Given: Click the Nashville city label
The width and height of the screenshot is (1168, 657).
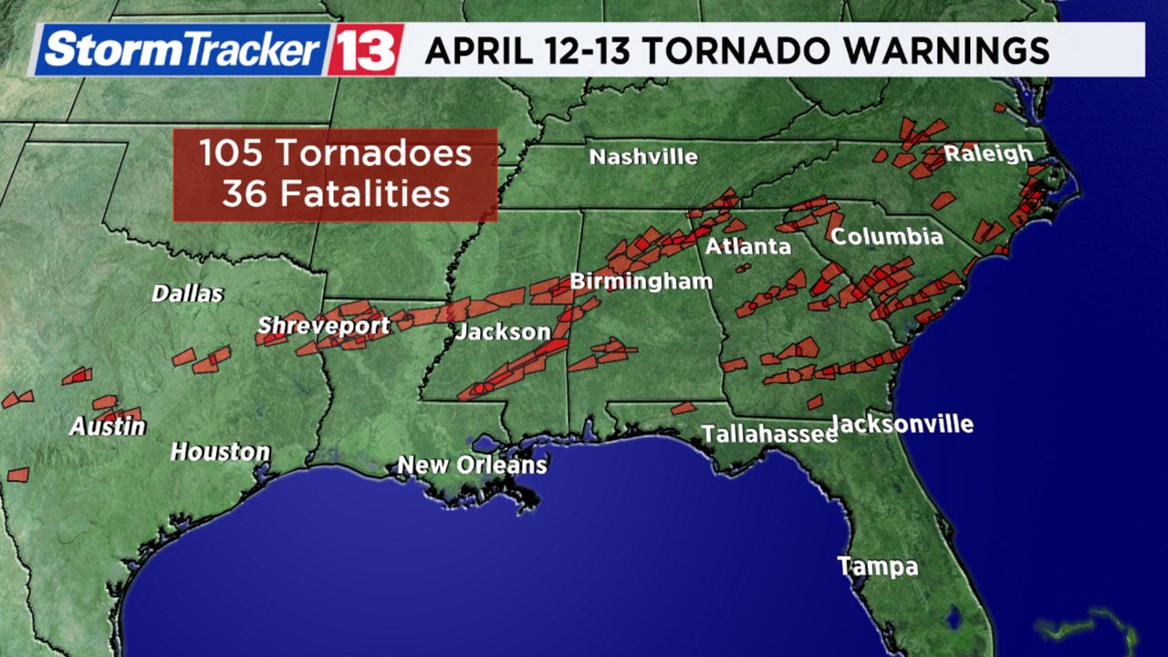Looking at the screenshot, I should click(643, 157).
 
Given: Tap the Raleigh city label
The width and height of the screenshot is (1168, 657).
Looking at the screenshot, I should click(988, 153).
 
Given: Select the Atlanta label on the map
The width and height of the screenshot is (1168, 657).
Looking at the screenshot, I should click(747, 246).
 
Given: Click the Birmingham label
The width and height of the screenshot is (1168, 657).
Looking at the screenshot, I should click(641, 281).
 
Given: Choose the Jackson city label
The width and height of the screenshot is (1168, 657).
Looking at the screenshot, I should click(503, 331).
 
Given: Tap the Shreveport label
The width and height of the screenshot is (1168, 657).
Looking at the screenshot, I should click(323, 326).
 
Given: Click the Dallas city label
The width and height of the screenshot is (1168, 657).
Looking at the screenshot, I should click(187, 294).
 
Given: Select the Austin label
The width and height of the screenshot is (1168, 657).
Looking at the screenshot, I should click(108, 426).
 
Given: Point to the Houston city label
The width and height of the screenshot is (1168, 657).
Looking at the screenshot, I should click(220, 452).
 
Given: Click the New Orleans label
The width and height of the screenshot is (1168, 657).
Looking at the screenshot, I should click(472, 465).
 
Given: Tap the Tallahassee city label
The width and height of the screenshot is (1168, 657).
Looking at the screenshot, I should click(769, 434).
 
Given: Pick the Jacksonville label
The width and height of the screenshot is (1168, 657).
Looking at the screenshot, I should click(903, 424).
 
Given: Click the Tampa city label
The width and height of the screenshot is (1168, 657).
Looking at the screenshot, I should click(878, 566).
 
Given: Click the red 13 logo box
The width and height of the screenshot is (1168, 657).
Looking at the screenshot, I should click(365, 49).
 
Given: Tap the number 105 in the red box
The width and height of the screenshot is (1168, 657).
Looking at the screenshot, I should click(232, 152).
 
